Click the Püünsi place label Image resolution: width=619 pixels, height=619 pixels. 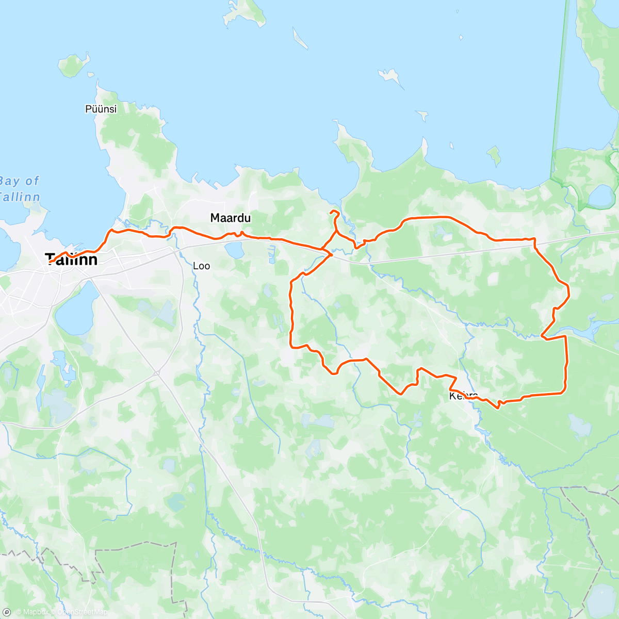click(x=101, y=109)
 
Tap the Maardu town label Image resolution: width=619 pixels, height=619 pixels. click(x=231, y=218)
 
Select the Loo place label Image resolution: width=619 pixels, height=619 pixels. click(x=201, y=266)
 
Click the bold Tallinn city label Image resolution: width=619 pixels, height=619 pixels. click(x=71, y=259)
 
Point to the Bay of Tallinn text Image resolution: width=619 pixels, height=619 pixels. click(x=20, y=189)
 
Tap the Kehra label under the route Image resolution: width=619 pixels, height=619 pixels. click(x=463, y=396)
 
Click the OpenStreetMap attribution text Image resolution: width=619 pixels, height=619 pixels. click(x=82, y=612)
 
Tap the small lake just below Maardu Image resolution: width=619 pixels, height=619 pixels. click(x=235, y=251)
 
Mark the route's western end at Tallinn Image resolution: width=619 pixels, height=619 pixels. click(x=50, y=262)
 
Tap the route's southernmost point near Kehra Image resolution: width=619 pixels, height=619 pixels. click(x=498, y=408)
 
